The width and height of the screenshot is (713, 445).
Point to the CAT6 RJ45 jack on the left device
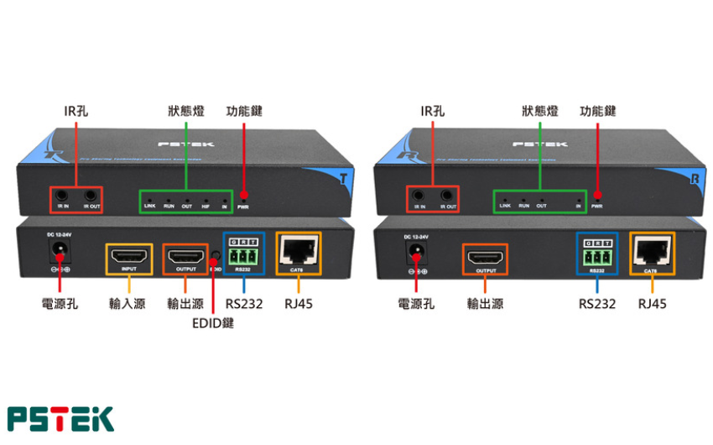(x=297, y=250)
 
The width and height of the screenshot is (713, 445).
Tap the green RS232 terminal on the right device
(x=596, y=254)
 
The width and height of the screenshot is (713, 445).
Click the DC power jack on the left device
(x=60, y=250)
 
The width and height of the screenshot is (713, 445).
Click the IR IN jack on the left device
(x=64, y=197)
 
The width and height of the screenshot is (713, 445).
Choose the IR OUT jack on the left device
(x=89, y=197)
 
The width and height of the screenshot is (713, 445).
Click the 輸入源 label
(x=128, y=303)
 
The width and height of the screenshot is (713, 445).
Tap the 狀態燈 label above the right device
(x=539, y=111)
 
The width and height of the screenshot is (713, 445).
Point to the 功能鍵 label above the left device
(x=244, y=111)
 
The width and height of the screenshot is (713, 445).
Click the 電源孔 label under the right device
(x=416, y=303)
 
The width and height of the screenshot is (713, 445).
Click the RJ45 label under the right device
(x=651, y=303)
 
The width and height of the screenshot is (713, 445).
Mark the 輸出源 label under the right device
(x=485, y=303)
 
